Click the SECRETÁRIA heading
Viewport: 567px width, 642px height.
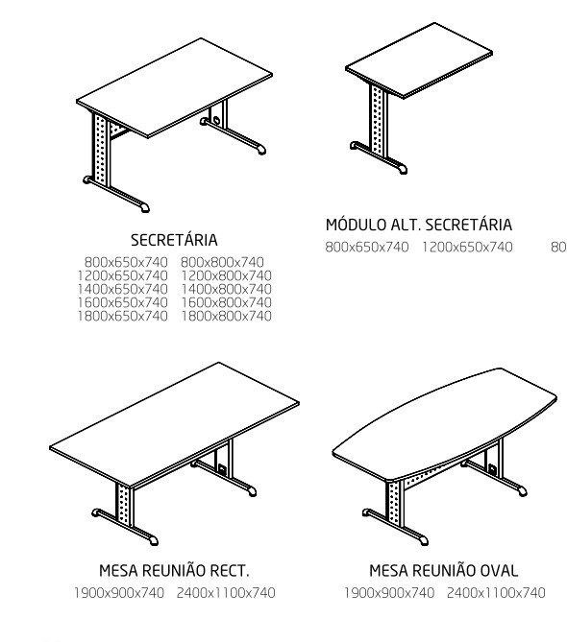pyautogui.click(x=174, y=240)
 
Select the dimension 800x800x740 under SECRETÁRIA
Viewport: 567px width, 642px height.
pyautogui.click(x=222, y=262)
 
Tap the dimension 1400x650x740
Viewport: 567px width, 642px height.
pyautogui.click(x=123, y=289)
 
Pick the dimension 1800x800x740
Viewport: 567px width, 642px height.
pyautogui.click(x=226, y=316)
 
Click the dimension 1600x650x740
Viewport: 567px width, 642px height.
pyautogui.click(x=123, y=302)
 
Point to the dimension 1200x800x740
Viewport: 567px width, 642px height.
pyautogui.click(x=226, y=275)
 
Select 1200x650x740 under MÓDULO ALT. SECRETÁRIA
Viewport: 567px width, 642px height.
pyautogui.click(x=467, y=247)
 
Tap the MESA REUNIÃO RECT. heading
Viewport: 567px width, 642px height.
pyautogui.click(x=174, y=570)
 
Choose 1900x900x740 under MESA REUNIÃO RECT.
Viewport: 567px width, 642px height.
pyautogui.click(x=119, y=592)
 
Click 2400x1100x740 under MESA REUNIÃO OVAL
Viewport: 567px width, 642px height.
pyautogui.click(x=496, y=592)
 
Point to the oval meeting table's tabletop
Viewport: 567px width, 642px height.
pyautogui.click(x=445, y=424)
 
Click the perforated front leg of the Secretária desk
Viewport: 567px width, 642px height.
pyautogui.click(x=100, y=150)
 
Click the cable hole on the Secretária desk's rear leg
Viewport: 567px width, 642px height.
pyautogui.click(x=215, y=120)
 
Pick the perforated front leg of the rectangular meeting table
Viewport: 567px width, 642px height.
pyautogui.click(x=124, y=504)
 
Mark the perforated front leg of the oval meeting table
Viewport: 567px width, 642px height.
pyautogui.click(x=395, y=502)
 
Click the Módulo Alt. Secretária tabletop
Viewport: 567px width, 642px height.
pyautogui.click(x=419, y=60)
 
